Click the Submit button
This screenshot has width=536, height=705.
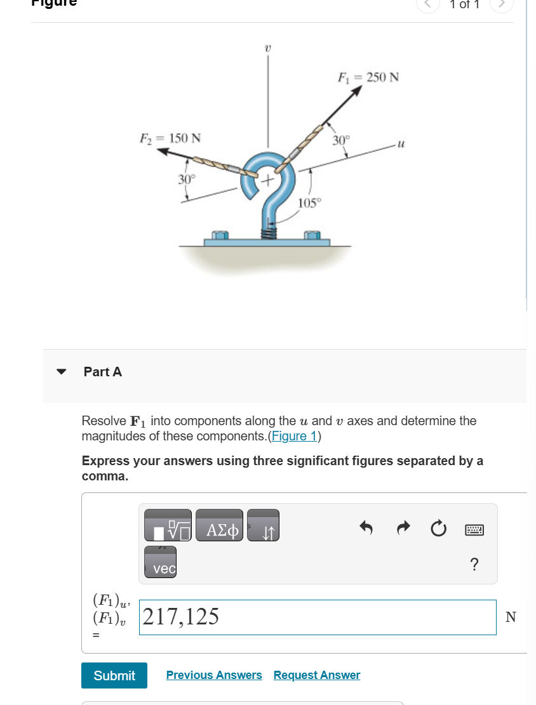(114, 675)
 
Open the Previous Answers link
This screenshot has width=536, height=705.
(214, 675)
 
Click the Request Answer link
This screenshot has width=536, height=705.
(316, 675)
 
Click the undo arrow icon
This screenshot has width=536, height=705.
(366, 528)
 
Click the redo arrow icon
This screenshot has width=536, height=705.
(403, 528)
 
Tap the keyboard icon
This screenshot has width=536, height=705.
(474, 529)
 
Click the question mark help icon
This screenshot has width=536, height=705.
(474, 564)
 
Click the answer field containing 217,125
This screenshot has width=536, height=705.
(318, 617)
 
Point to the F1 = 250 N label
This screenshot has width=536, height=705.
(368, 77)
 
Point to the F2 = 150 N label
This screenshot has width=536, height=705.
(170, 138)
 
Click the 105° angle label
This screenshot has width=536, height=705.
(310, 202)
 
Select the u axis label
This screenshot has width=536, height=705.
(400, 145)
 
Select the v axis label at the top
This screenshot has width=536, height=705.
(268, 47)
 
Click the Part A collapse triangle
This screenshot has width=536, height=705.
(62, 372)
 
